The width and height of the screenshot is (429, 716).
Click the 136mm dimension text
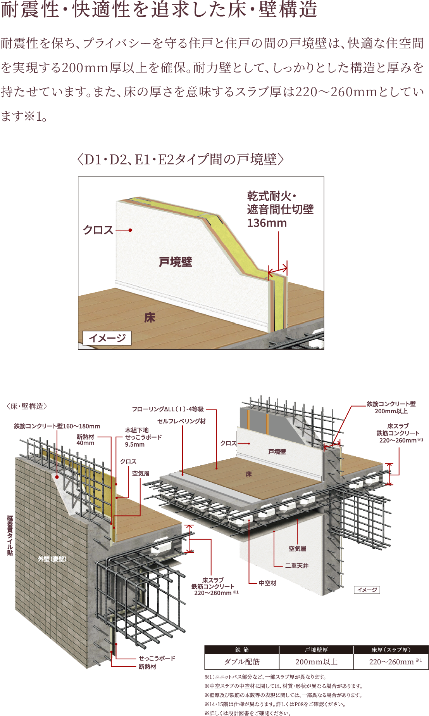pos(267,223)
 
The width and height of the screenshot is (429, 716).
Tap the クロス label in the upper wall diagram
pos(98,230)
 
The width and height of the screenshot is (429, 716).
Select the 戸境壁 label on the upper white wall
pos(175,262)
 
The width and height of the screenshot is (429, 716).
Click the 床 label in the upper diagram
pos(150,318)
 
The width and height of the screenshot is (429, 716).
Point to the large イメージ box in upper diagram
pos(107,338)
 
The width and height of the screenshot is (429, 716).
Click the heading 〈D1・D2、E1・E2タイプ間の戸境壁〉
pos(181,159)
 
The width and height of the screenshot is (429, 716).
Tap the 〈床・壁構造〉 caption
pos(27,406)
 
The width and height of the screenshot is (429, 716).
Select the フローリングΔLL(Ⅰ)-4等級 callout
pos(167,409)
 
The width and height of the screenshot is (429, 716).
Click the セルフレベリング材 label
pos(181,421)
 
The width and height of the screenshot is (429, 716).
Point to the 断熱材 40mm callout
pos(85,440)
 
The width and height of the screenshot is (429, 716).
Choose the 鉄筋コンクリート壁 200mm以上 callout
pos(391,407)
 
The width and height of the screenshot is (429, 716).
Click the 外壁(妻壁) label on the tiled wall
pos(52,559)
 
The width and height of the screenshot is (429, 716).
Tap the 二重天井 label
pos(297,565)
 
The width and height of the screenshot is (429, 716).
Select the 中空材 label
pos(267,583)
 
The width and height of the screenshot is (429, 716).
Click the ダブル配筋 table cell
pos(242,662)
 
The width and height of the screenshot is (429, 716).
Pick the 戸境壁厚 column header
pos(316,650)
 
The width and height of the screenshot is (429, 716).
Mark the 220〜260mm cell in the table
pos(391,662)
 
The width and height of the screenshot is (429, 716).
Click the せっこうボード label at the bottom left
pos(157,658)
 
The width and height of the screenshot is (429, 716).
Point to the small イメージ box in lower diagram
pos(367,590)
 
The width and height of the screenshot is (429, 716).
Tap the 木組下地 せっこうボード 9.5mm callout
pos(143,437)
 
